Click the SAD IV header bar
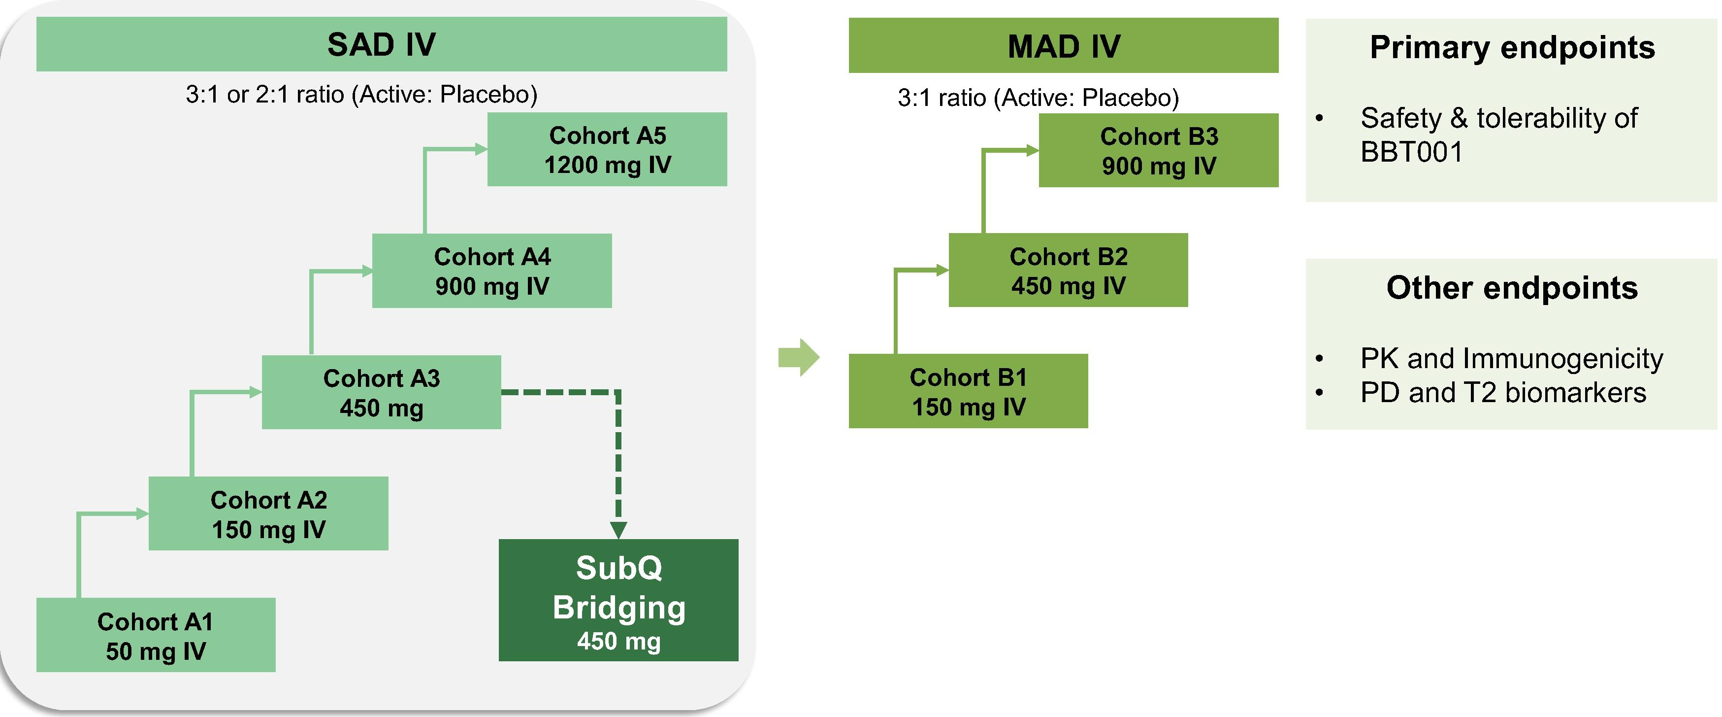pos(382,44)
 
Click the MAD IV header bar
pos(1064,45)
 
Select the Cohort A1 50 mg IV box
pos(156,635)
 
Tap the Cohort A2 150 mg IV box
pos(268,513)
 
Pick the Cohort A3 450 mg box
pos(381,392)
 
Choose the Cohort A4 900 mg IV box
pos(492,270)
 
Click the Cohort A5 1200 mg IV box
pos(607,149)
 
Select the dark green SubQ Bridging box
pos(618,600)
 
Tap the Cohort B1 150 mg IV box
pos(969,391)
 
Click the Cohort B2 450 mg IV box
pos(1068,270)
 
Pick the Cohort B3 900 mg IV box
pos(1159,150)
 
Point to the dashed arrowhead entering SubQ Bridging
pos(618,530)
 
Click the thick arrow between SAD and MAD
pos(799,358)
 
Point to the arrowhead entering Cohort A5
pos(481,149)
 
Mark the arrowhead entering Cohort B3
pos(1032,150)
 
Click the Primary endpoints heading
pos(1512,47)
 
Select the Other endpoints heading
pos(1512,288)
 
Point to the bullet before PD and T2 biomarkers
pos(1319,393)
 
